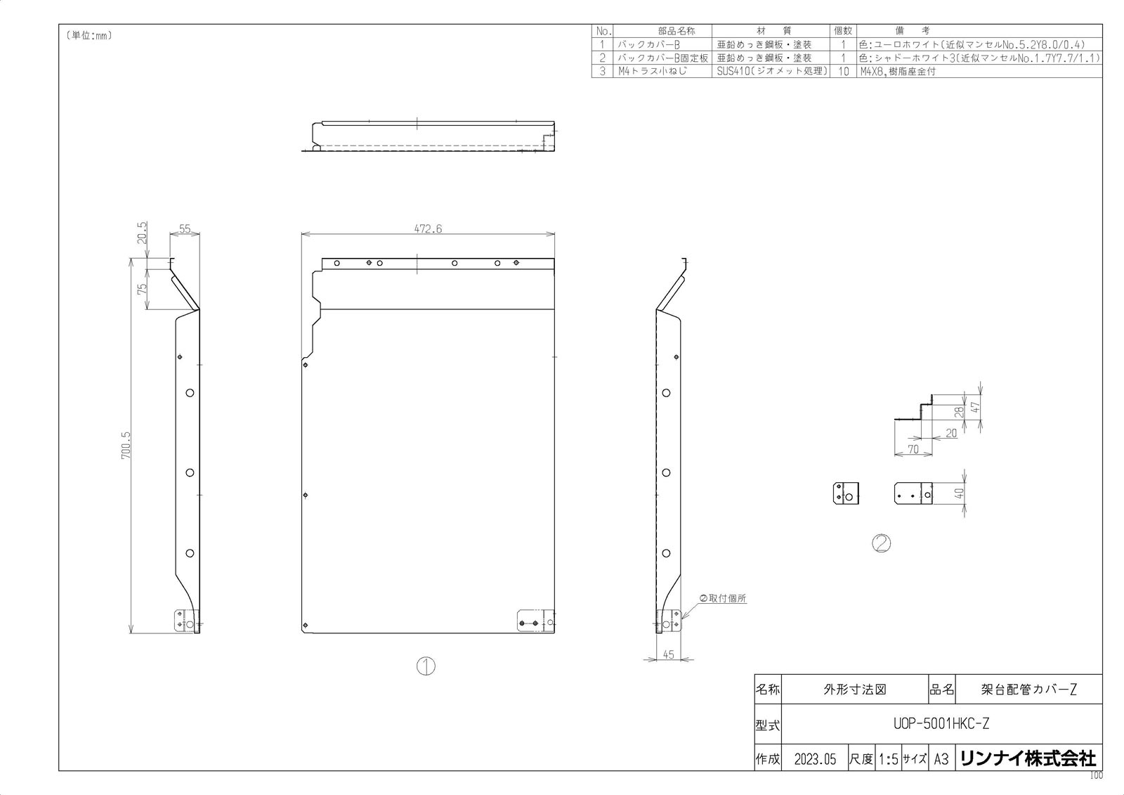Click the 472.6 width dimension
tap(428, 228)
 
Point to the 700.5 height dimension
tap(126, 445)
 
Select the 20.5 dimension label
tap(142, 233)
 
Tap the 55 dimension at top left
tap(185, 228)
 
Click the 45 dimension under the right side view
tap(668, 654)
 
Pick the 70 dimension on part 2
tap(913, 449)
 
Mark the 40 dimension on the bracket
tap(959, 493)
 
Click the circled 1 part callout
tap(426, 666)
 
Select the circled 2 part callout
tap(882, 543)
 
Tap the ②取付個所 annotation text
tap(723, 598)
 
